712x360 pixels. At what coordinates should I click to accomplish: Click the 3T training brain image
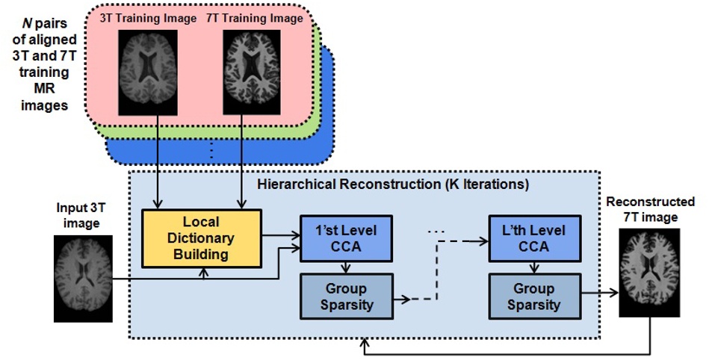click(x=149, y=71)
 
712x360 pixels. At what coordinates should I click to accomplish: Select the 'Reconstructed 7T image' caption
click(x=650, y=209)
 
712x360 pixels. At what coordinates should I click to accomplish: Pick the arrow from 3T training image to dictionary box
click(x=157, y=161)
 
